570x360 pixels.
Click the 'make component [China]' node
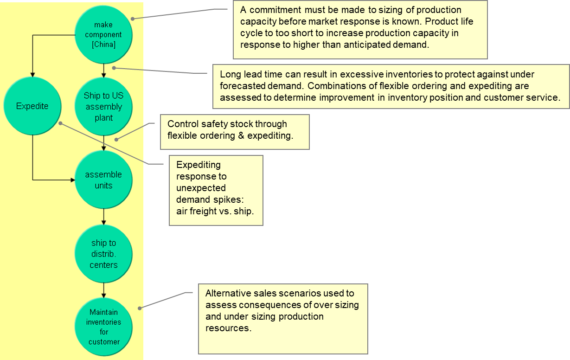pos(103,35)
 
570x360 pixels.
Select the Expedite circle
pos(32,106)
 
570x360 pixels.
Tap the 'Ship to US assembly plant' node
pos(103,107)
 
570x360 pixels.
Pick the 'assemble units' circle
pos(103,180)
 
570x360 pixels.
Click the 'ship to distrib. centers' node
pos(103,254)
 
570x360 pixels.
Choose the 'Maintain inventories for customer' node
pos(103,327)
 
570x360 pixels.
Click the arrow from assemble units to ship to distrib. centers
pos(103,216)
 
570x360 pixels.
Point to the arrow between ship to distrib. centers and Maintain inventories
pos(103,289)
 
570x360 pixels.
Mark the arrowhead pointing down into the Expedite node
pos(32,74)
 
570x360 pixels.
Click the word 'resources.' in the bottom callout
pos(228,328)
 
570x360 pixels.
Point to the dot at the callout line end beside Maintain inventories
pos(139,307)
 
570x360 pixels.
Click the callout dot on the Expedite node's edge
pos(60,123)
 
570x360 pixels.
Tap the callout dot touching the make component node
pos(133,19)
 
